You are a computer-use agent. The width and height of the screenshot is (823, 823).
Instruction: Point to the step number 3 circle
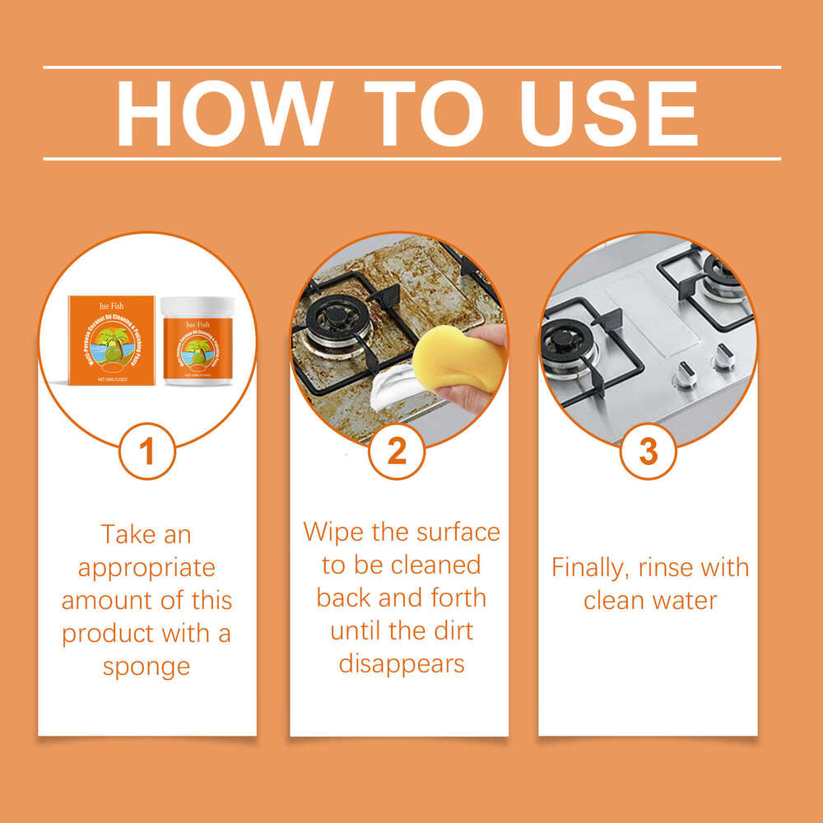pyautogui.click(x=649, y=452)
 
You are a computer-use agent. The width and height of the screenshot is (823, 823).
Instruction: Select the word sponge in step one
pyautogui.click(x=146, y=666)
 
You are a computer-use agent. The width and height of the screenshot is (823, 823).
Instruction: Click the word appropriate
pyautogui.click(x=146, y=567)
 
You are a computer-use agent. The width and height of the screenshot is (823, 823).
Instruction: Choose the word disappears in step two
pyautogui.click(x=402, y=663)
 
